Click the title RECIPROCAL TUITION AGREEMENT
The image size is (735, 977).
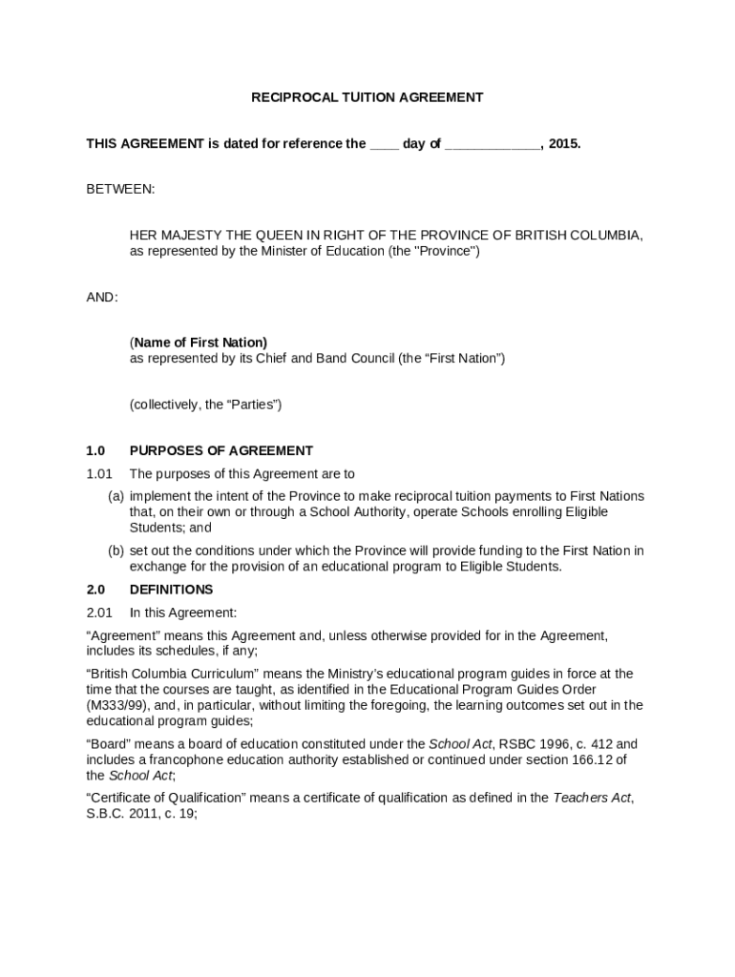(x=367, y=97)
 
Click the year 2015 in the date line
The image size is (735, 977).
(x=564, y=144)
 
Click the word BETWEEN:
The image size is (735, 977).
(x=120, y=190)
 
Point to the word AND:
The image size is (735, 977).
(x=102, y=298)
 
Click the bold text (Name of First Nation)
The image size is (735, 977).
(x=199, y=343)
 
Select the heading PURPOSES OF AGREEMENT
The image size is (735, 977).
(x=221, y=451)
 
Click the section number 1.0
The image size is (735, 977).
(x=95, y=451)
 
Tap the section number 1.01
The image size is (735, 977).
(x=99, y=474)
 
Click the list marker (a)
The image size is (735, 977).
(x=115, y=497)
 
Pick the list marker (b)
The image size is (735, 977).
(x=115, y=551)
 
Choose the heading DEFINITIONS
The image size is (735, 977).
(x=172, y=590)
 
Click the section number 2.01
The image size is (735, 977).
(x=99, y=613)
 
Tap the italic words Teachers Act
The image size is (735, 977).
(x=592, y=799)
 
